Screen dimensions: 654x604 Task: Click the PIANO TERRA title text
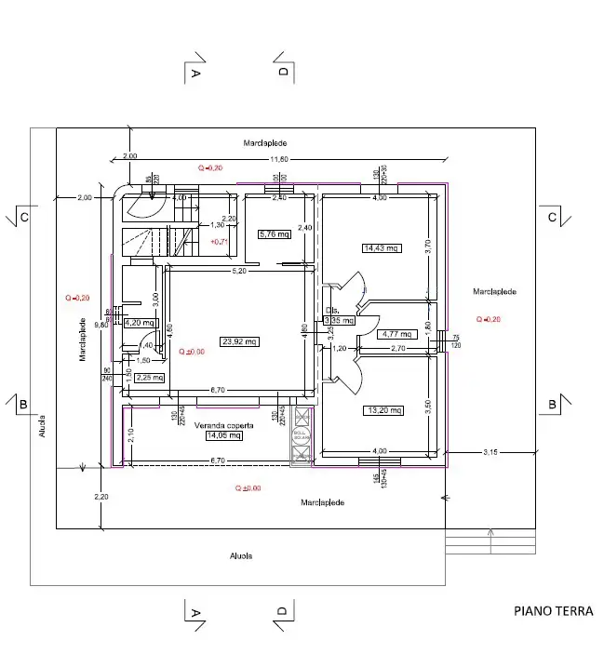point(553,611)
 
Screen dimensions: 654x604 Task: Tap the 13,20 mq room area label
point(383,410)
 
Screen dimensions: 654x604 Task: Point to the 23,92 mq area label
point(239,341)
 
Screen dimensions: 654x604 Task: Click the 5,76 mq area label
point(274,234)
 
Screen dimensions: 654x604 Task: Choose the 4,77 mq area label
point(396,333)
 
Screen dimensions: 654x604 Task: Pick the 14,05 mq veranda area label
point(222,435)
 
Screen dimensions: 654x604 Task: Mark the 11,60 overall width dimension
point(279,160)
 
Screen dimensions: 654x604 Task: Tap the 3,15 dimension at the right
point(490,452)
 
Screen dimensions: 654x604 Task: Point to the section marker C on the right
point(552,218)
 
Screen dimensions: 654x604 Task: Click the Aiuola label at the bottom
point(241,555)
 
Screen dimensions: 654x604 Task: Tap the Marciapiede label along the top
point(265,143)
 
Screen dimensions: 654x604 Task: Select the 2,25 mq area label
point(150,378)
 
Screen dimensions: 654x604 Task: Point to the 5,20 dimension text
point(239,271)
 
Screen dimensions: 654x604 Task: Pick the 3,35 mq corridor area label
point(339,321)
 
